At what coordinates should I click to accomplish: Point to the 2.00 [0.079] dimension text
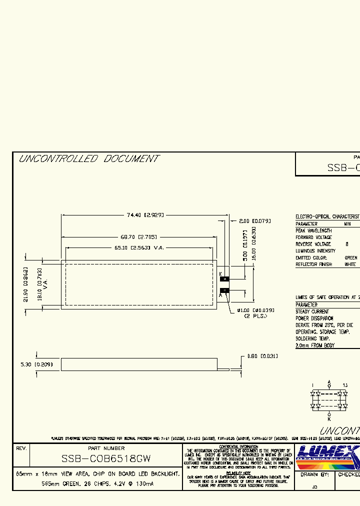255,220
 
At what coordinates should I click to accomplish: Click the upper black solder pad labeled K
225,278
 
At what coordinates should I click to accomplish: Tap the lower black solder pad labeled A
225,290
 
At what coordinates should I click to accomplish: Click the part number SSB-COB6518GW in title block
106,458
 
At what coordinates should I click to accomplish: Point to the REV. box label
21,448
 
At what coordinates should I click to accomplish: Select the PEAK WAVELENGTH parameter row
313,231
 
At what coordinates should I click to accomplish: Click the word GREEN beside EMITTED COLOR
351,257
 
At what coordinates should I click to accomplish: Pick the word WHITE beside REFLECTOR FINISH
350,264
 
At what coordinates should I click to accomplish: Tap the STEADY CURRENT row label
312,311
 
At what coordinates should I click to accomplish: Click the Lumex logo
327,456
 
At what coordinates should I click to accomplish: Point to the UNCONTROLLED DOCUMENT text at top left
88,159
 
